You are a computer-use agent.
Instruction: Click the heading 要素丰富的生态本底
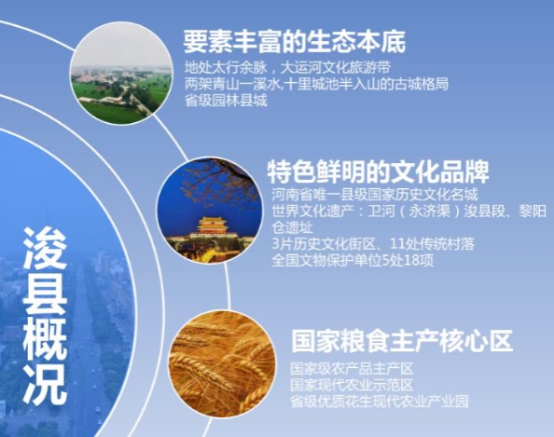(295, 42)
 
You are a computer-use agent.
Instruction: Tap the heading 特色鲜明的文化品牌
(378, 171)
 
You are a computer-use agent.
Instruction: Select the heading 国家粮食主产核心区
(402, 341)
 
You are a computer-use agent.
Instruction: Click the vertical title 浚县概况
(45, 316)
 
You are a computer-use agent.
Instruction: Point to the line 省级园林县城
(226, 102)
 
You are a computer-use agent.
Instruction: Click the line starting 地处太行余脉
(287, 67)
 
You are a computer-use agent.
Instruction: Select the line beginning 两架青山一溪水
(316, 85)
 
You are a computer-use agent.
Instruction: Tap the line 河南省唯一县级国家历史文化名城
(375, 195)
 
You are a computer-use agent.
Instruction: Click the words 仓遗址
(292, 227)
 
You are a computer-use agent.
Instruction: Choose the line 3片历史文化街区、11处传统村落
(373, 244)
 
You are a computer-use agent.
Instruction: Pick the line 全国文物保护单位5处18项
(353, 261)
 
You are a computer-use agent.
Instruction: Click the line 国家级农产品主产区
(352, 369)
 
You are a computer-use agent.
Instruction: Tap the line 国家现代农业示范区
(352, 385)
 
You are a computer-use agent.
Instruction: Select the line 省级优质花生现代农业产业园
(379, 402)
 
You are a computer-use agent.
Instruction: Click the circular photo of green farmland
(121, 73)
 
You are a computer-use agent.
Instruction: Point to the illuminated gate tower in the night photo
(215, 225)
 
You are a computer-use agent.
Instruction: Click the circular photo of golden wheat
(222, 364)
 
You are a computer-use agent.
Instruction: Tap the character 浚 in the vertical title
(45, 249)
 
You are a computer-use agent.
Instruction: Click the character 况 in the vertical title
(45, 384)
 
